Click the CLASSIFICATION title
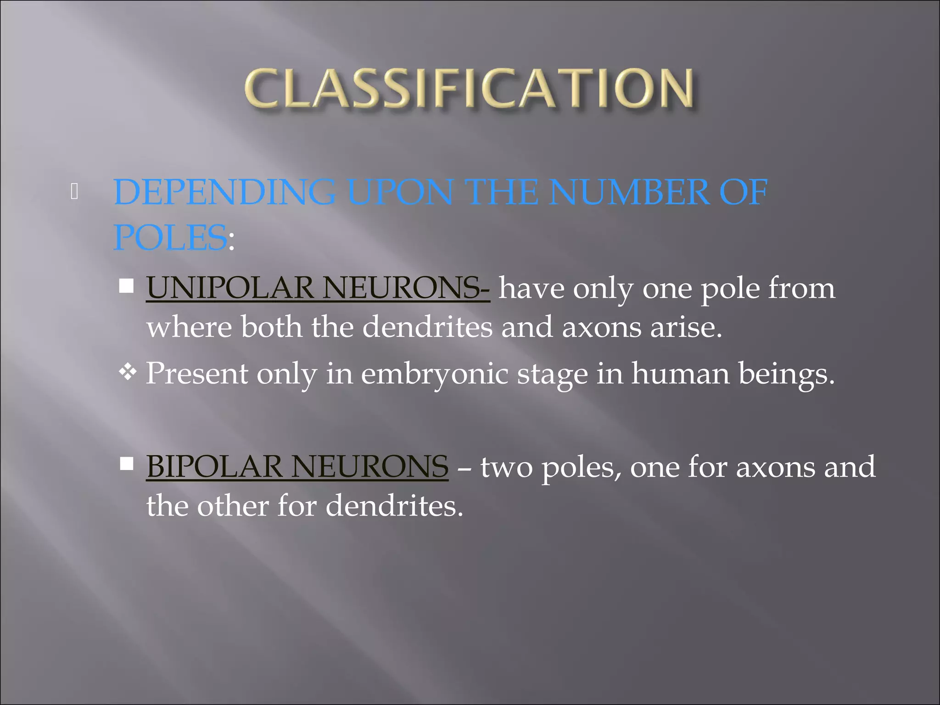click(469, 89)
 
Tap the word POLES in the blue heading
click(170, 237)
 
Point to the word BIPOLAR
click(214, 466)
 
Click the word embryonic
click(434, 374)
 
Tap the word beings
click(786, 374)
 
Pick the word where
click(189, 327)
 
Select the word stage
click(552, 375)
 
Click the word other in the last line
click(234, 506)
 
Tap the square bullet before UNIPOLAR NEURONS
click(126, 286)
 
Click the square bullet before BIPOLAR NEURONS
click(126, 464)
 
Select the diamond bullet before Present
click(127, 372)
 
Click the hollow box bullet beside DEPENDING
click(74, 192)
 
